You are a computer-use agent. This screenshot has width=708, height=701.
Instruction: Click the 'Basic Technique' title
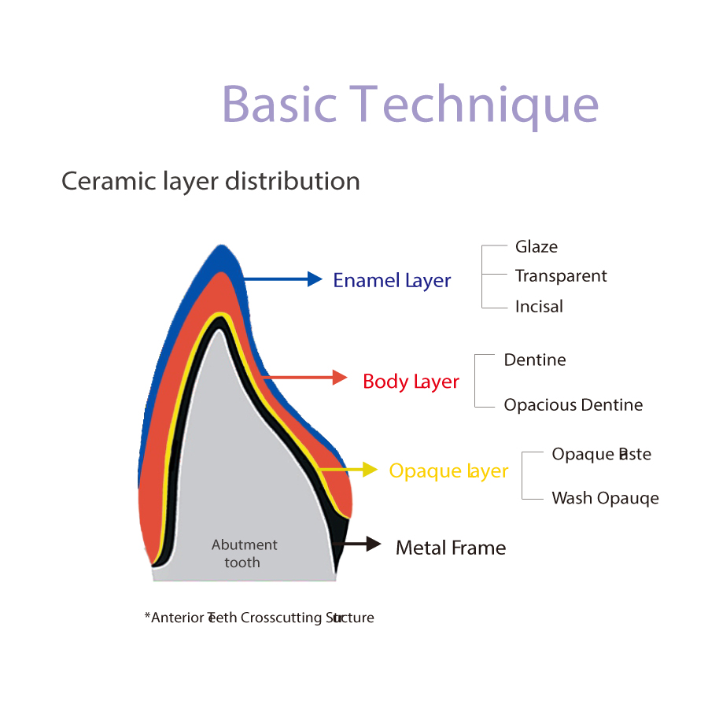click(x=410, y=104)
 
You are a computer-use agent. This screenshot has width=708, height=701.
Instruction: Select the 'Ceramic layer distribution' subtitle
click(x=211, y=181)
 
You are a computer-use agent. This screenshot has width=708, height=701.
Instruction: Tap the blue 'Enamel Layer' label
click(x=392, y=280)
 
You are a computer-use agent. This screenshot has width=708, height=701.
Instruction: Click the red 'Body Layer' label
click(x=411, y=382)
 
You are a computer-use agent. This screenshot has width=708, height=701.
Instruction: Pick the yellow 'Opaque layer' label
click(x=448, y=470)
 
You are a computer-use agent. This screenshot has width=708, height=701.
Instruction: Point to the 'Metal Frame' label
click(x=451, y=548)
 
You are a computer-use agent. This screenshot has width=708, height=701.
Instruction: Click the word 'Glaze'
click(x=537, y=246)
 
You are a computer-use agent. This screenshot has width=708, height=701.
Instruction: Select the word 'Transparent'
click(x=561, y=276)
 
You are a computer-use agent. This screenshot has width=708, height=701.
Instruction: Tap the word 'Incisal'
click(x=539, y=306)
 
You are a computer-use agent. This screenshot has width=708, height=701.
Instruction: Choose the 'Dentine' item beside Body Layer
click(x=535, y=360)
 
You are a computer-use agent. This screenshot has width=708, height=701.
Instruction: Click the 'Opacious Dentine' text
click(x=573, y=405)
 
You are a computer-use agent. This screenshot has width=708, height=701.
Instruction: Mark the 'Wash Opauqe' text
click(x=605, y=498)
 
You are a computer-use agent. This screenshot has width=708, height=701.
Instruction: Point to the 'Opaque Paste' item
click(x=601, y=454)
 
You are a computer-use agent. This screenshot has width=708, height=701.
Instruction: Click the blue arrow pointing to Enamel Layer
click(x=283, y=279)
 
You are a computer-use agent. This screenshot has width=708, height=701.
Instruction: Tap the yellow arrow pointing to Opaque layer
click(x=350, y=470)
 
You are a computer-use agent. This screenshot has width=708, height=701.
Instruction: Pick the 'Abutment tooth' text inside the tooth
click(x=244, y=553)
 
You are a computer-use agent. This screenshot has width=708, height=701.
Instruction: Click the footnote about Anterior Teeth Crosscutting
click(x=259, y=618)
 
